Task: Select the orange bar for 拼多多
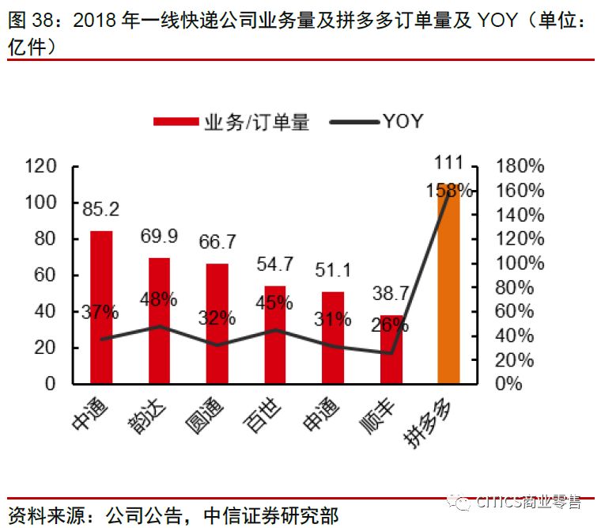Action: (x=448, y=285)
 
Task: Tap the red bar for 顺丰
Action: (x=391, y=349)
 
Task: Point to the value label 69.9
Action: (x=159, y=236)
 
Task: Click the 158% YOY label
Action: (x=448, y=190)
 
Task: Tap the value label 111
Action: (x=448, y=164)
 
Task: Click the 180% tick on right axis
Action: (x=519, y=166)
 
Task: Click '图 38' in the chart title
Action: (x=32, y=21)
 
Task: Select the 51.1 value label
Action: (x=333, y=271)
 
